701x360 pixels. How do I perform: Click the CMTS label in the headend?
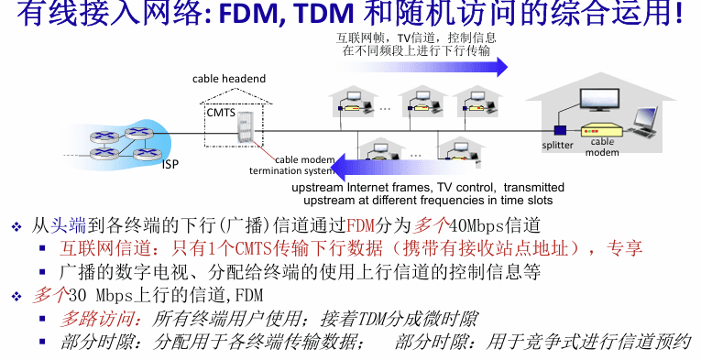(x=221, y=113)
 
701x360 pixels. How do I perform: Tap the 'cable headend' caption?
(x=229, y=79)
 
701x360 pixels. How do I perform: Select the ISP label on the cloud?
(x=170, y=164)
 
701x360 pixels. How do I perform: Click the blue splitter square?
(x=560, y=131)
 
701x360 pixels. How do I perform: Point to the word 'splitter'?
(x=557, y=145)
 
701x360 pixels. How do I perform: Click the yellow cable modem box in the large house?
(x=602, y=131)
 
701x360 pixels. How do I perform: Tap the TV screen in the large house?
(x=599, y=99)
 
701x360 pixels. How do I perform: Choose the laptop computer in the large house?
(x=643, y=121)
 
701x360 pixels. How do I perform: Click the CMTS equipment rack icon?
(x=244, y=127)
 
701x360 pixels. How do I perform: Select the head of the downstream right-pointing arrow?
(x=500, y=68)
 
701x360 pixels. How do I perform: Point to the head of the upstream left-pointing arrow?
(x=338, y=167)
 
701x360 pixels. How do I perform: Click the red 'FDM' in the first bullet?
(x=360, y=225)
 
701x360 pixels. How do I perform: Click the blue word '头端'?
(x=68, y=225)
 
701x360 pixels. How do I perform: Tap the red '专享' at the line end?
(x=625, y=248)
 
